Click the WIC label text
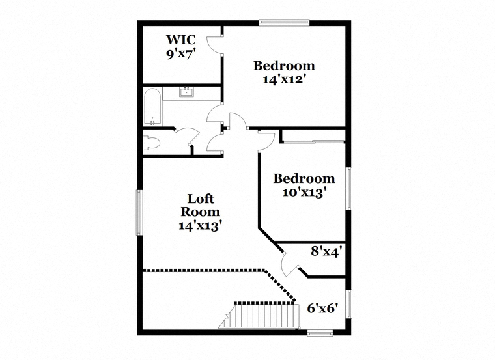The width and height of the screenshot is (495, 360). coord(181,40)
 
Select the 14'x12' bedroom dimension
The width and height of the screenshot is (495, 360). coord(284,79)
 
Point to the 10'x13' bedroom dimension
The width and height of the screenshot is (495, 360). coord(304,192)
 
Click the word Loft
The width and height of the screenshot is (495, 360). coord(201,199)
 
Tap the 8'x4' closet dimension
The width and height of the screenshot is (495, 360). coord(326,252)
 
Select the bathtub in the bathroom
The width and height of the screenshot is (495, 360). coord(153,107)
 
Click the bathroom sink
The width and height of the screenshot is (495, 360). coord(186,91)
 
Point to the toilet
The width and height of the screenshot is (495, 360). coord(152,143)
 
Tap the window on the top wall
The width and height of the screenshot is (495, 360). coord(284,22)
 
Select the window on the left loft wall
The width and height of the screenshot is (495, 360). coord(139,212)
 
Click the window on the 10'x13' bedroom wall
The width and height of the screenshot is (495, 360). coord(349,189)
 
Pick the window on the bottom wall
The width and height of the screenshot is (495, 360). coord(320,333)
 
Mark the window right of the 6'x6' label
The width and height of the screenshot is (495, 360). coord(349,304)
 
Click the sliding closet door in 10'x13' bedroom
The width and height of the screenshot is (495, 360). coord(314,141)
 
